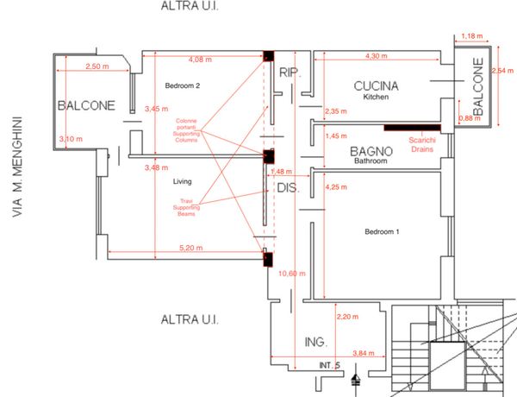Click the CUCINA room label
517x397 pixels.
tap(376, 86)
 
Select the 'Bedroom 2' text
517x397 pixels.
tap(183, 85)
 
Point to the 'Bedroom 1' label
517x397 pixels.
tap(383, 233)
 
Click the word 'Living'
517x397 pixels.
tap(182, 182)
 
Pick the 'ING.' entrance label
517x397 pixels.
tap(316, 343)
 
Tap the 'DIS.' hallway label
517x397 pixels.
tap(287, 187)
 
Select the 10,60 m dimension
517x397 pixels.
tap(294, 274)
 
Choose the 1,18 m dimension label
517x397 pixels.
tap(471, 35)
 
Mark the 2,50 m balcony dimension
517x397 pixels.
tap(97, 66)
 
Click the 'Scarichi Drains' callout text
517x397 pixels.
tap(422, 143)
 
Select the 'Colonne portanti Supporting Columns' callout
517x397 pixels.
tap(186, 130)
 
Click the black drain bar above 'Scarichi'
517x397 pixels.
tap(412, 129)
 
